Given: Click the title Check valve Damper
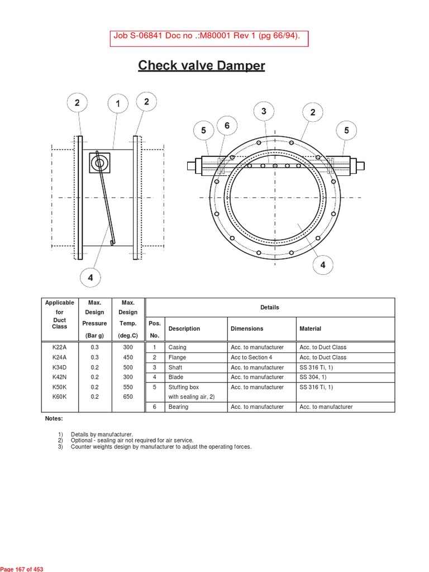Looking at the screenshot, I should tap(202, 66).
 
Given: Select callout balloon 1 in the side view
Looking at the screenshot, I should tap(118, 103).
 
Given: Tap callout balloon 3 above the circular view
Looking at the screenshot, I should tap(264, 111).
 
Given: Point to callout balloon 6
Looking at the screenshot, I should tap(227, 126).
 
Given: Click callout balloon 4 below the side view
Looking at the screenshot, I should tap(90, 277).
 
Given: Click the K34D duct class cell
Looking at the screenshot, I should tap(59, 368).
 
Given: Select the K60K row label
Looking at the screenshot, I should tap(59, 397).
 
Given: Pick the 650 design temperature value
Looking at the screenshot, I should tap(128, 397).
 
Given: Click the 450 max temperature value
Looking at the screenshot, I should tap(128, 357).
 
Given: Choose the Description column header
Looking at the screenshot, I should tap(184, 328).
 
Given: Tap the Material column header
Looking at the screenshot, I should tap(311, 328).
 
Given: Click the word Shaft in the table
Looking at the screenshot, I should tap(175, 368).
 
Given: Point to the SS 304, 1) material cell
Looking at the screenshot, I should tap(314, 377).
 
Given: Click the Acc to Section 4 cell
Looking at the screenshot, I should tap(251, 357).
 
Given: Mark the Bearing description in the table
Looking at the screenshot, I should tap(178, 407).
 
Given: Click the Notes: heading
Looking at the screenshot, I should tap(54, 418).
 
